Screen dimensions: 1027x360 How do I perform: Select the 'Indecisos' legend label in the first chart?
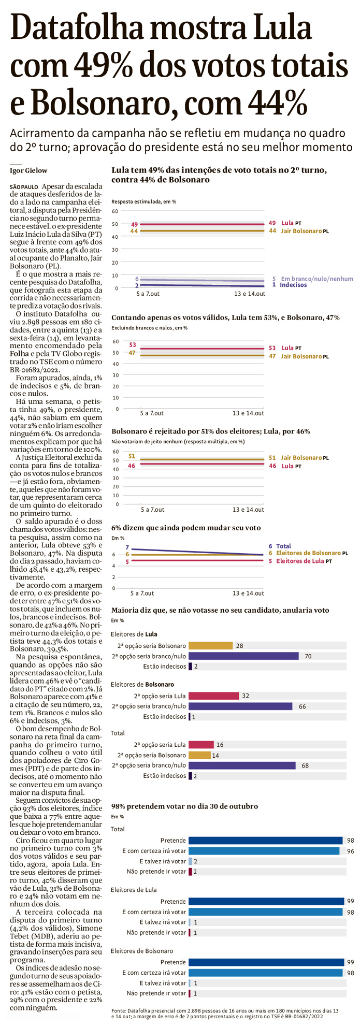pos(293,285)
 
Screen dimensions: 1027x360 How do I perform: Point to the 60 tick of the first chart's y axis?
pos(115,211)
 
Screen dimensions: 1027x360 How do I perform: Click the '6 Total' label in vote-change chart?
pos(280,546)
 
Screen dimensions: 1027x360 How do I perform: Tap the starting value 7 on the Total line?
pos(127,547)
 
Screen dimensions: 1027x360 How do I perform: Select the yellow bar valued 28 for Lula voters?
pos(210,646)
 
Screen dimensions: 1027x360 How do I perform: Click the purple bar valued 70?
pos(243,656)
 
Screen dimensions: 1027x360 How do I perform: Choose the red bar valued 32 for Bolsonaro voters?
pos(213,696)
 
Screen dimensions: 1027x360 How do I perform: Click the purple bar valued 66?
pos(240,706)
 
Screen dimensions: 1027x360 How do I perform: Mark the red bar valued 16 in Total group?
pos(201,745)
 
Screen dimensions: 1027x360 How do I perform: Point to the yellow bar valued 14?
pos(199,755)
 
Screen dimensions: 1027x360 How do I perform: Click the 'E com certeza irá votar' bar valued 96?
pos(264,851)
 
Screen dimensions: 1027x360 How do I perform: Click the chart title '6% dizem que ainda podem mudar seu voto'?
pos(186,528)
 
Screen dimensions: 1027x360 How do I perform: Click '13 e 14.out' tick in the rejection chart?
pos(248,510)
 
